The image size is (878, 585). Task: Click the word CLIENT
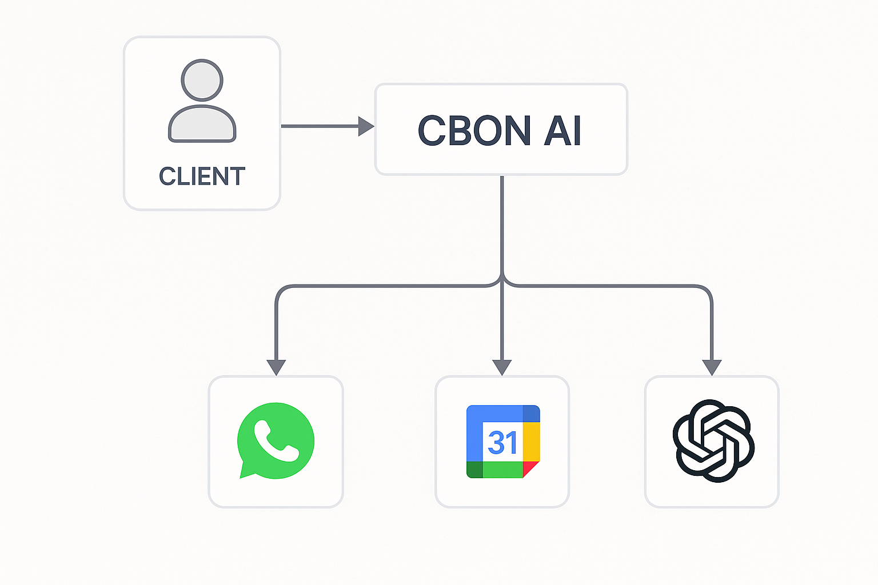point(202,177)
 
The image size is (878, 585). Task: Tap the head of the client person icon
point(202,80)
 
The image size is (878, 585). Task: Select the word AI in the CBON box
point(562,131)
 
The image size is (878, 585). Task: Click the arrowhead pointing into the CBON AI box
point(366,126)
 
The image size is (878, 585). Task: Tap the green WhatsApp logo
point(276,440)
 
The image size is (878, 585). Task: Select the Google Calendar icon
point(503,442)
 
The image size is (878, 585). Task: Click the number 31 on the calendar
point(502,443)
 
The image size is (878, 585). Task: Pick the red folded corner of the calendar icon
point(530,468)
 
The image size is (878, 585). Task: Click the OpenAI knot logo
point(713,440)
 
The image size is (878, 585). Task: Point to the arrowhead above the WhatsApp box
point(276,367)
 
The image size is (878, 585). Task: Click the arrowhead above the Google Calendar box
point(502,367)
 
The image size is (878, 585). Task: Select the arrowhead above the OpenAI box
point(712,367)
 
